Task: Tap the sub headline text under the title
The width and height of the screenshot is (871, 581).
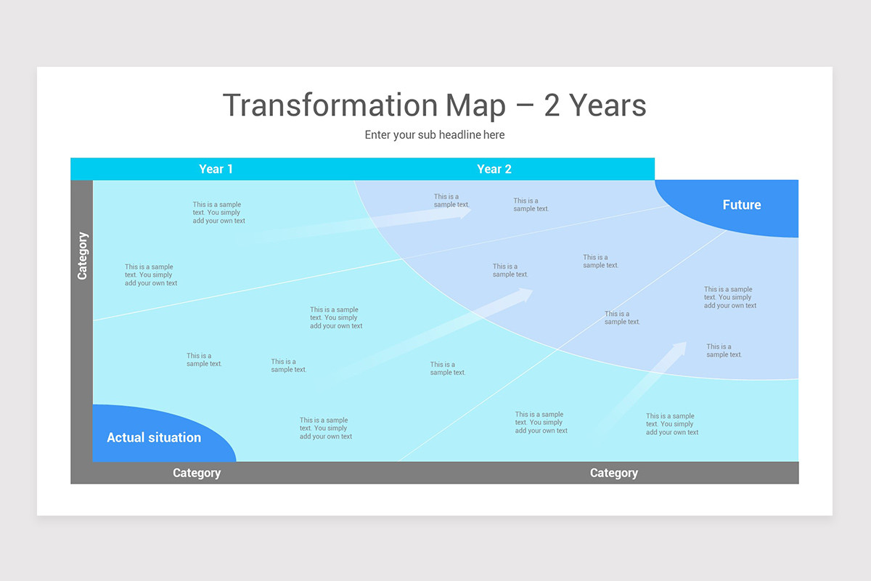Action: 435,135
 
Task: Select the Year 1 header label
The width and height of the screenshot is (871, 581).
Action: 216,169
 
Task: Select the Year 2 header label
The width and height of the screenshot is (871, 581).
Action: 494,169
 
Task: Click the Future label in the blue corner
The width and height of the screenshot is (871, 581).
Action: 742,205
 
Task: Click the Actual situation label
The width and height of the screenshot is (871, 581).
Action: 154,437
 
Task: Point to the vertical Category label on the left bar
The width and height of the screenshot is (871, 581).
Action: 82,256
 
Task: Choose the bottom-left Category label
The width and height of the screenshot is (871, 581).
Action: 197,473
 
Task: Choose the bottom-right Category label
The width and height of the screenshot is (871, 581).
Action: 614,473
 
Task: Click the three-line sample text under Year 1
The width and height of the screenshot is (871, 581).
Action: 218,213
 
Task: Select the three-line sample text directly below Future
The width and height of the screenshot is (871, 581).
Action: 730,297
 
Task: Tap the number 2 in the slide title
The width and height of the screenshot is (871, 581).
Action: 552,105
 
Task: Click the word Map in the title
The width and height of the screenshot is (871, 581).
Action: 475,105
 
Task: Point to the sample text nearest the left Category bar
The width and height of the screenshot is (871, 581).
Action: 150,275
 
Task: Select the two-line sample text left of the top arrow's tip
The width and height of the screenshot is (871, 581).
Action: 451,200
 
